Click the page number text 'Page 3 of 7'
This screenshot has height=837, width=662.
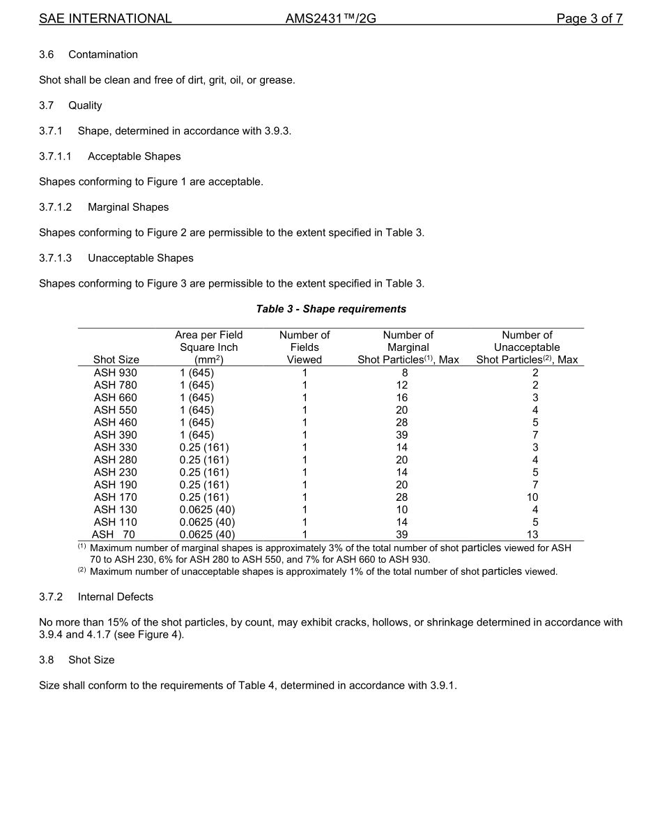coord(589,19)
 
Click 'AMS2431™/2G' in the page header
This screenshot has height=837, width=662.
coord(330,19)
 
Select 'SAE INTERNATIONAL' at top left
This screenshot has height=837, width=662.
coord(105,19)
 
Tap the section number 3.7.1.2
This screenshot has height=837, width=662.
coord(56,207)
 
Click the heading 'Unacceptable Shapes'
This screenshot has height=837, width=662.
coord(141,258)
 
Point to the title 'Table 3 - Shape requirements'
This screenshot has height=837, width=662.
coord(331,308)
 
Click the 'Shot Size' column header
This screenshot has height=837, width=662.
coord(116,360)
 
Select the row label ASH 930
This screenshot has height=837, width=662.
coord(116,372)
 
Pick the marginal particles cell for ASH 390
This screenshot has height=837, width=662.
coord(401,435)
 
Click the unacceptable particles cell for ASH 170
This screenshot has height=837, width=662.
coord(534,497)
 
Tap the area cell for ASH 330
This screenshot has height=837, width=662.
coord(203,447)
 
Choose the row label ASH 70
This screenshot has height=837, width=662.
coord(114,534)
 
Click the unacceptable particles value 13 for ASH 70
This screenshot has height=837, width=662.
coord(534,534)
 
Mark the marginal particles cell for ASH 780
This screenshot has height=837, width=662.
coord(401,385)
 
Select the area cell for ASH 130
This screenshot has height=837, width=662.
coord(207,510)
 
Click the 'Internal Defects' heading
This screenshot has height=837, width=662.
coord(116,596)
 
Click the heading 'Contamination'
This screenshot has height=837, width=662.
coord(103,54)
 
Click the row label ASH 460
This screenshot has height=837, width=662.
coord(116,422)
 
